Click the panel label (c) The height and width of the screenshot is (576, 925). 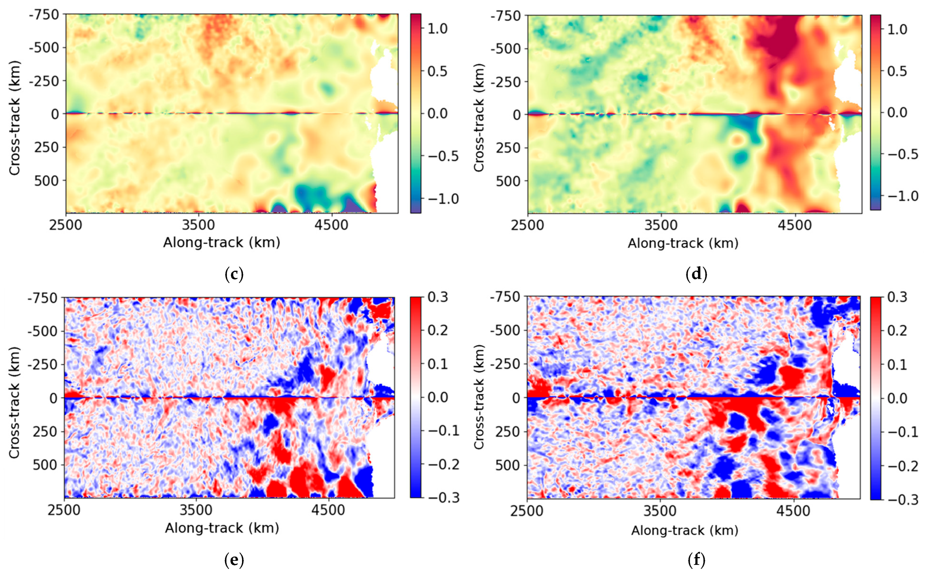point(234,274)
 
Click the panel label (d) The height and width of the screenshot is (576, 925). point(696,274)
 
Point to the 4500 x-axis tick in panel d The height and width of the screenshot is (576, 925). point(794,225)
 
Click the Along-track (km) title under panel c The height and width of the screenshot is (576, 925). point(222,243)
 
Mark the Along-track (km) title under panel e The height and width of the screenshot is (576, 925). point(222,528)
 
